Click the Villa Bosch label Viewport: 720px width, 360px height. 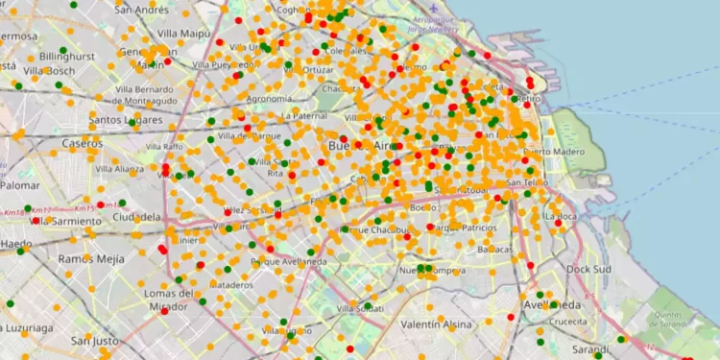pos(48,71)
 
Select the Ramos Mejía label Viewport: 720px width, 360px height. pos(91,259)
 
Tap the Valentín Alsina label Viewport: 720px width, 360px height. pos(436,324)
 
